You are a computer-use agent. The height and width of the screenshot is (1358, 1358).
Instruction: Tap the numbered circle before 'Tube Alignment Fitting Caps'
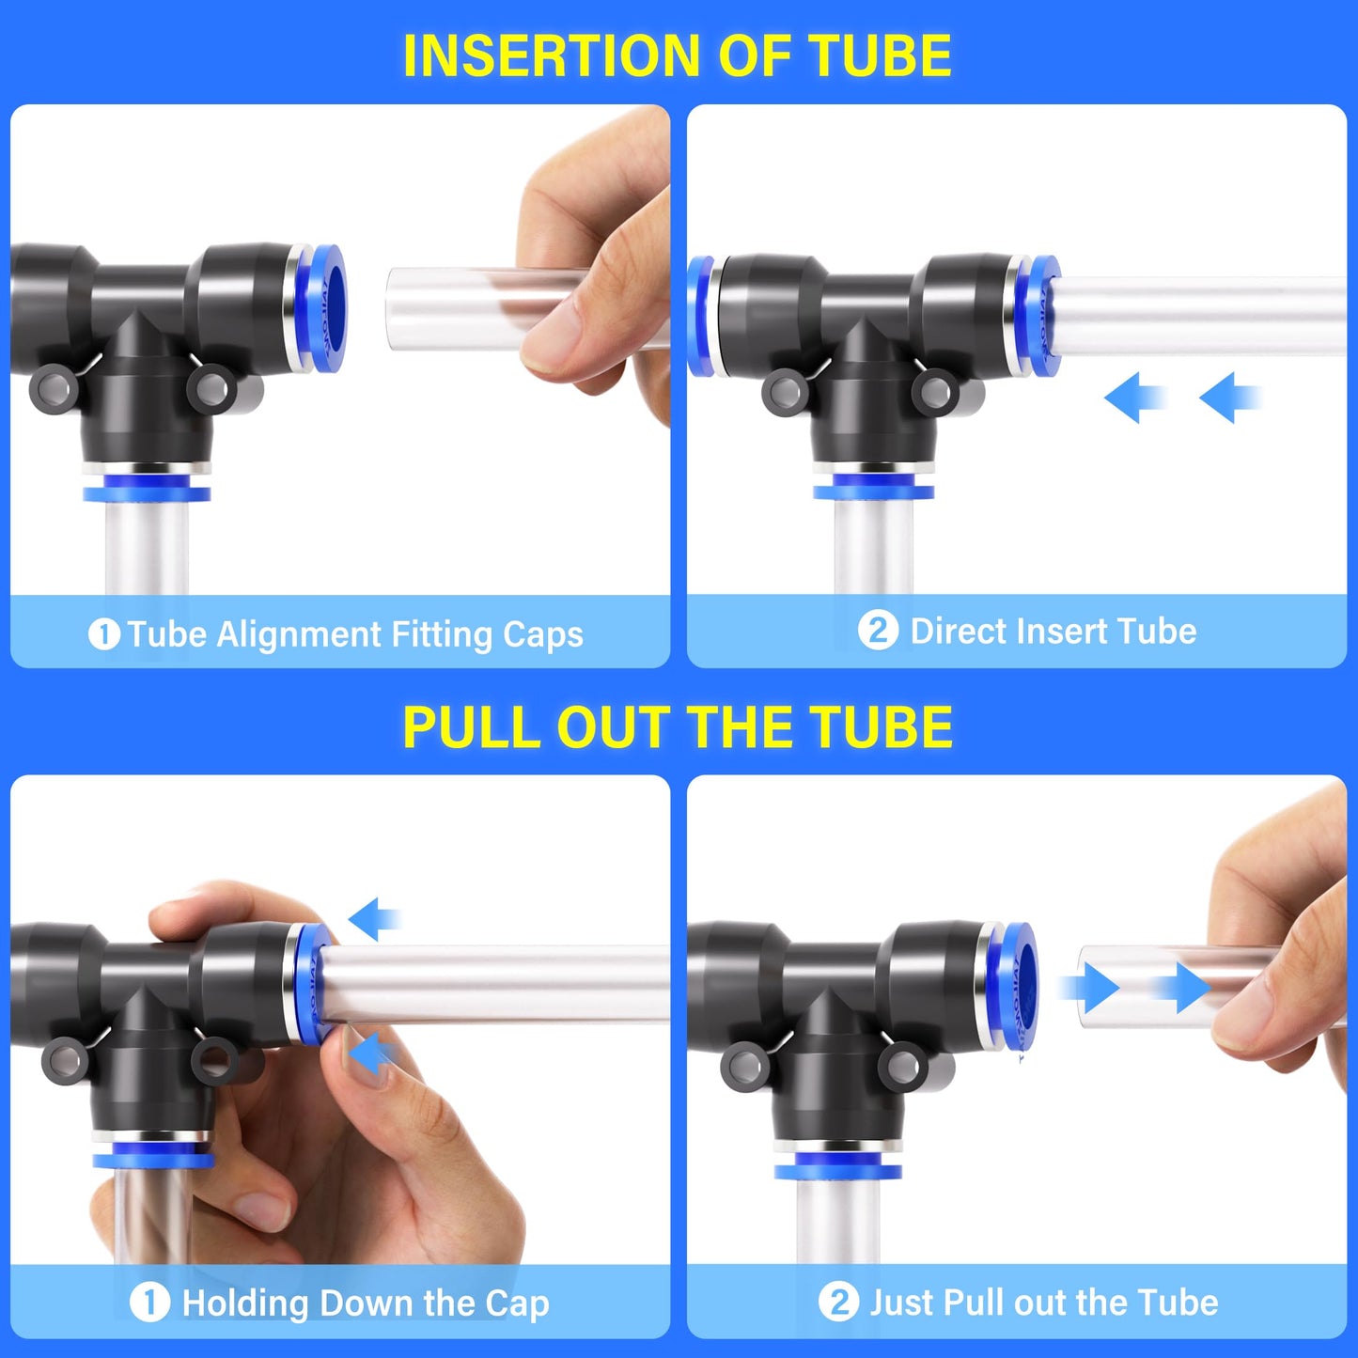pos(103,634)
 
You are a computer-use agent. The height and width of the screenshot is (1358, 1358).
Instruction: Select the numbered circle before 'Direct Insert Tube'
pos(878,631)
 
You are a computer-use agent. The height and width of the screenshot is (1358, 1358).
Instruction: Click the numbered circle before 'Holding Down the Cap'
pos(149,1303)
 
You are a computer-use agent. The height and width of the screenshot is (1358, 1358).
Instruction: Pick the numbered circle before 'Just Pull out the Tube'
pos(838,1303)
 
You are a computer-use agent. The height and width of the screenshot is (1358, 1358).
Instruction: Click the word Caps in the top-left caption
pos(542,635)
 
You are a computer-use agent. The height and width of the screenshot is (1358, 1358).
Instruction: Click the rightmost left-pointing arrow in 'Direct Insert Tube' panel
pos(1229,398)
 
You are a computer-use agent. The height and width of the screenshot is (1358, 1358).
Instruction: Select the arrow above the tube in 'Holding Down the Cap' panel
pos(374,918)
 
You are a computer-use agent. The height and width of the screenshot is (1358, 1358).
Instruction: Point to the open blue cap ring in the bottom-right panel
pos(1020,986)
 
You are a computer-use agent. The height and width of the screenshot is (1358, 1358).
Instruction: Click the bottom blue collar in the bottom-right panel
pos(837,1169)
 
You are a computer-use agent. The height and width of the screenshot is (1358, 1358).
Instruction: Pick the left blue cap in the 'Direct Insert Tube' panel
pos(700,316)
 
